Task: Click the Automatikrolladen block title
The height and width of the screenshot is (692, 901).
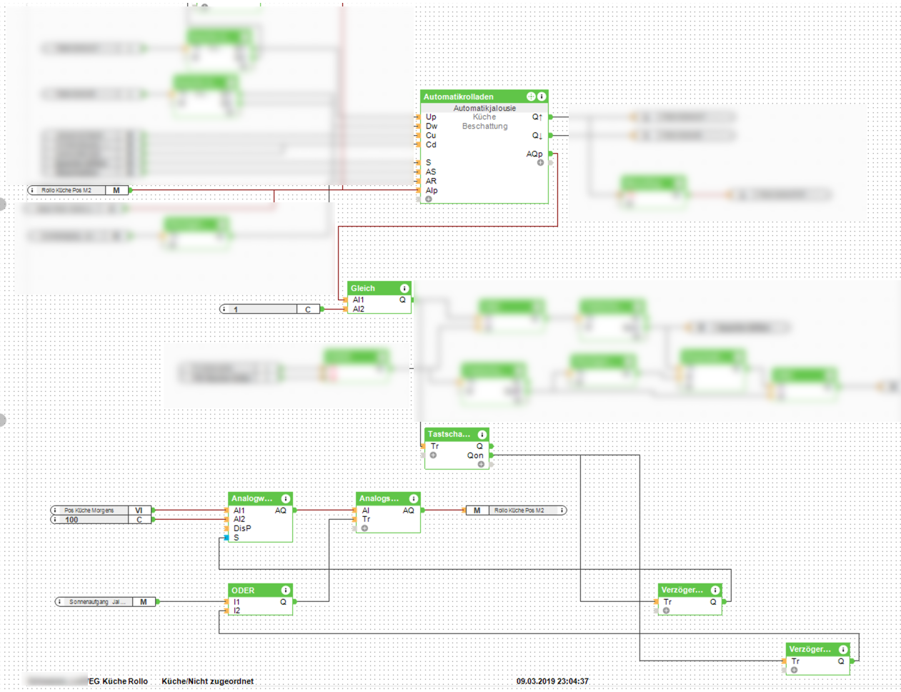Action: [459, 97]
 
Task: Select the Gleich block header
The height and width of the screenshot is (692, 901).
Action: [363, 288]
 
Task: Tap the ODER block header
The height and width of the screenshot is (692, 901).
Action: [243, 590]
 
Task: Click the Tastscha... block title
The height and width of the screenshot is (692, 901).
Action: [449, 434]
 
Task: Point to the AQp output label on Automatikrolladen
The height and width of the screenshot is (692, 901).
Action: [534, 154]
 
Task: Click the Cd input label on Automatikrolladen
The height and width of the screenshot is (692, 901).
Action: [431, 144]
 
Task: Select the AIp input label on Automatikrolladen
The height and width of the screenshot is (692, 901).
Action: [432, 190]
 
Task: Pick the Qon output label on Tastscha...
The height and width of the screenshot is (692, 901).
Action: [475, 455]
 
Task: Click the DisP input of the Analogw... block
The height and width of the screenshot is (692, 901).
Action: [242, 528]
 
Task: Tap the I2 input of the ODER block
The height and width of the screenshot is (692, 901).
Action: [237, 611]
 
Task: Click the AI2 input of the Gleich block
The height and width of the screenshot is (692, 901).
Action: [359, 309]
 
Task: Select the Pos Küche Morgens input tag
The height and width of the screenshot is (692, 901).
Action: [89, 510]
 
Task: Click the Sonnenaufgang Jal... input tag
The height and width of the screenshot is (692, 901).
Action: [97, 602]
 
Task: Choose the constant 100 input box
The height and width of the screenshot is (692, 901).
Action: [93, 520]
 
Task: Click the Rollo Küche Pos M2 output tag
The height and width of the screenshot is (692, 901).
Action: [519, 510]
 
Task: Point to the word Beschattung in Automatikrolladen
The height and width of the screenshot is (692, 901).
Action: [484, 127]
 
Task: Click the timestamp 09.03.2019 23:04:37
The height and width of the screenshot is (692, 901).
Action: [552, 681]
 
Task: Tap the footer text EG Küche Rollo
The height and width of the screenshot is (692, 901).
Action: [119, 681]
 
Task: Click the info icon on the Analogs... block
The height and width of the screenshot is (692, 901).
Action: [414, 498]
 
